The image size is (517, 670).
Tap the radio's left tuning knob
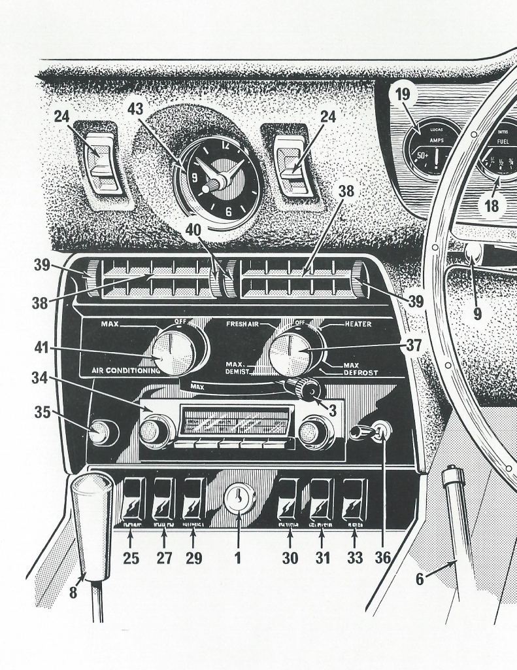click(156, 431)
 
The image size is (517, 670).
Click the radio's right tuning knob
click(314, 431)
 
